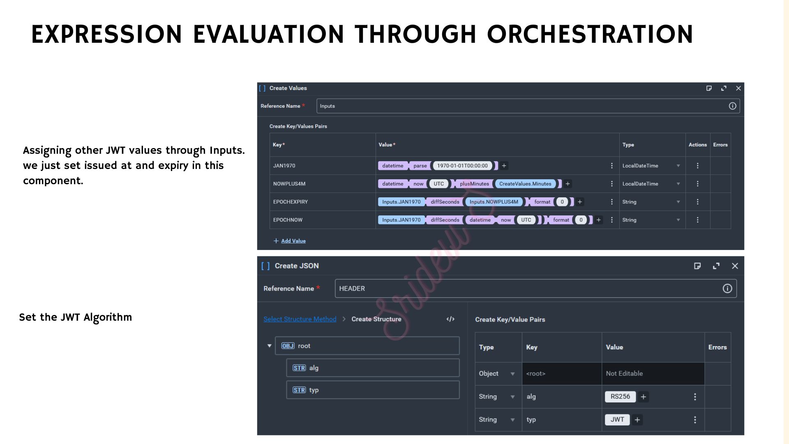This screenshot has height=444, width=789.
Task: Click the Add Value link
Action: [293, 241]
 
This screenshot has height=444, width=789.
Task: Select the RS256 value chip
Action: [620, 397]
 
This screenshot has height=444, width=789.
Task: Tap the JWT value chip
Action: [617, 420]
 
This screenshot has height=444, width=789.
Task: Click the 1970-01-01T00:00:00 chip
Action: [462, 166]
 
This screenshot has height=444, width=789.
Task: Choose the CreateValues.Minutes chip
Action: [525, 184]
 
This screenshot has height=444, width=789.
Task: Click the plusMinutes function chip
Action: [474, 184]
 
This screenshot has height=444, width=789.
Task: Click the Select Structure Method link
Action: [300, 319]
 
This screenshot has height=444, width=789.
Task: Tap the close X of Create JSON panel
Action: [735, 266]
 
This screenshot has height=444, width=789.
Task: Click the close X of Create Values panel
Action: [738, 88]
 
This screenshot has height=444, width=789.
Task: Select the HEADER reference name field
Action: [536, 289]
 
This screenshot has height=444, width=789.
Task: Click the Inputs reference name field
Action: [528, 106]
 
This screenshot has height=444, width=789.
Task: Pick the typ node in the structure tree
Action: [373, 390]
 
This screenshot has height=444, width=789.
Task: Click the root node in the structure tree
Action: [367, 346]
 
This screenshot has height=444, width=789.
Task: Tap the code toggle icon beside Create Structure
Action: [450, 319]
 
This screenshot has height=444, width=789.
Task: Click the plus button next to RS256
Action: [644, 397]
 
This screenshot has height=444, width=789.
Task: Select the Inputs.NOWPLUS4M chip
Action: [494, 202]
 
